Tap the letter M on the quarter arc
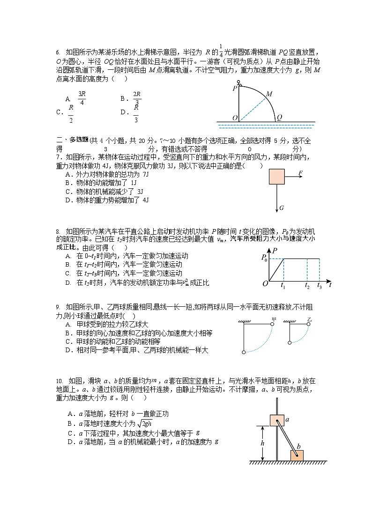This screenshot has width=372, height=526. point(269,94)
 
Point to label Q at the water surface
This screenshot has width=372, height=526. point(279,118)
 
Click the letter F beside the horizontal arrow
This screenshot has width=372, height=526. point(300,173)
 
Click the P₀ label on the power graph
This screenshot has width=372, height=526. point(264,257)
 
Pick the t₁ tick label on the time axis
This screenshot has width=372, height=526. point(283,285)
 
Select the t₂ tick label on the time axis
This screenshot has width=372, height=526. point(307,285)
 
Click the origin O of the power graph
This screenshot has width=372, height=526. point(265,284)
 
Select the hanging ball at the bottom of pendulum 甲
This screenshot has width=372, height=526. point(244,352)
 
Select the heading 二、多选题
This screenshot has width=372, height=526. point(72,140)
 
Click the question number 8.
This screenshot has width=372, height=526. point(57,231)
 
